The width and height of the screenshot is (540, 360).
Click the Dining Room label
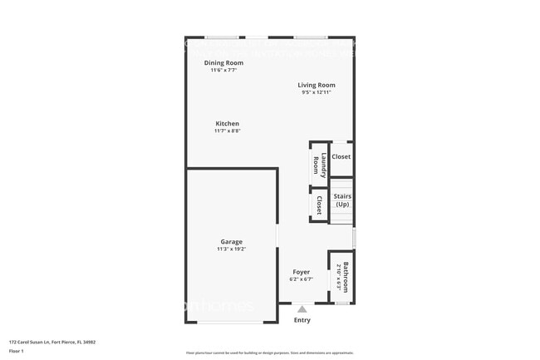[x=223, y=62]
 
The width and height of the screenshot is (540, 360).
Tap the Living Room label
[x=317, y=85]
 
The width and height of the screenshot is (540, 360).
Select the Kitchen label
[x=227, y=124]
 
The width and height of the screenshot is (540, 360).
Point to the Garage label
[x=231, y=242]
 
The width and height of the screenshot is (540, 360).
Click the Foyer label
[x=301, y=272]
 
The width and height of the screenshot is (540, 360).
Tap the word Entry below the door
[x=302, y=320]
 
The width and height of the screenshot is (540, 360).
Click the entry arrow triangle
[x=302, y=309]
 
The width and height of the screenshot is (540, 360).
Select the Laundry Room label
[x=317, y=164]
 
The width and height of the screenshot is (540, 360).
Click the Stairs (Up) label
[x=342, y=200]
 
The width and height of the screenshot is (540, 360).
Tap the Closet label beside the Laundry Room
[x=341, y=156]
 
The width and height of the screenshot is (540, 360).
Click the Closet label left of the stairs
[x=318, y=205]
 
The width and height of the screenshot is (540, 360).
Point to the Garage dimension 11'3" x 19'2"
[x=231, y=249]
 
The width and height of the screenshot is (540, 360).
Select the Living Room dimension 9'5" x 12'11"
[x=317, y=92]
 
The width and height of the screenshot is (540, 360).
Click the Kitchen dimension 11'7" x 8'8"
[x=227, y=131]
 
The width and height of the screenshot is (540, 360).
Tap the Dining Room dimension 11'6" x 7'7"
[x=223, y=70]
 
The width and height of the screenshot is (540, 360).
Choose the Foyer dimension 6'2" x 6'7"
[x=301, y=279]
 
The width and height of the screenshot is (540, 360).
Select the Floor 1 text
[x=17, y=350]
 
